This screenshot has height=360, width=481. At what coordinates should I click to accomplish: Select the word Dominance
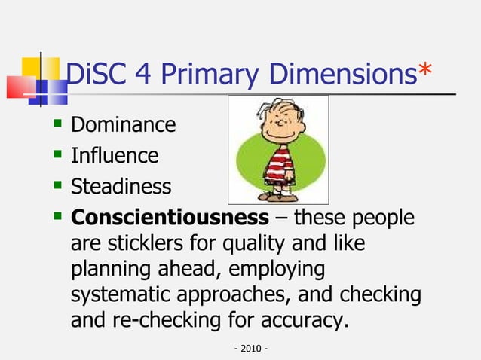click(123, 124)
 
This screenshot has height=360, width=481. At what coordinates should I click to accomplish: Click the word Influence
click(115, 155)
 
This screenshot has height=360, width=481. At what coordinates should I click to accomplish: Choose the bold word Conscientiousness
click(169, 218)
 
